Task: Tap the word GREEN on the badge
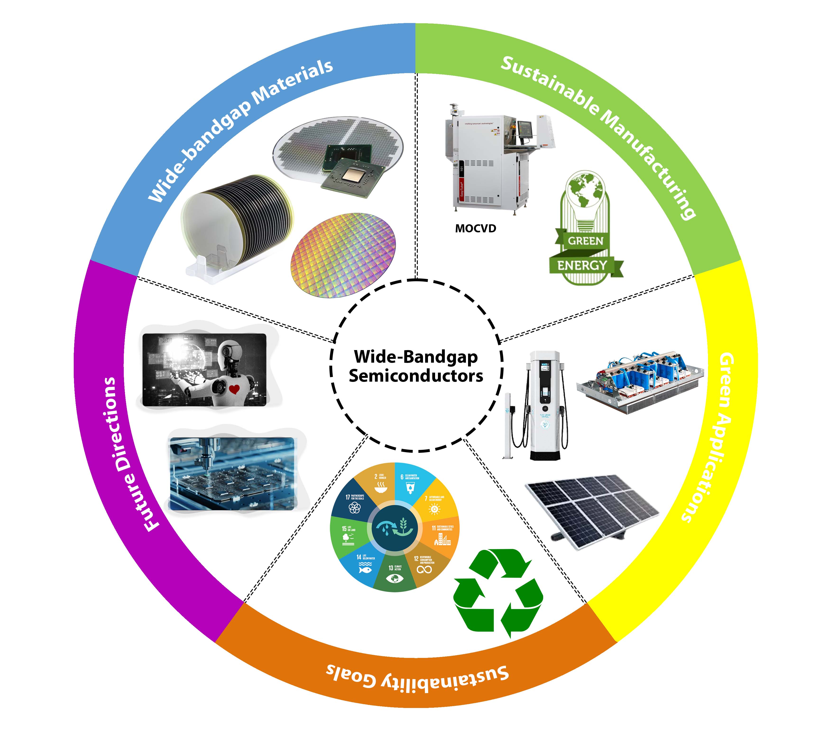click(585, 241)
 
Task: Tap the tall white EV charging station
click(544, 405)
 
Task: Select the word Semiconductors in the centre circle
click(416, 376)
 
